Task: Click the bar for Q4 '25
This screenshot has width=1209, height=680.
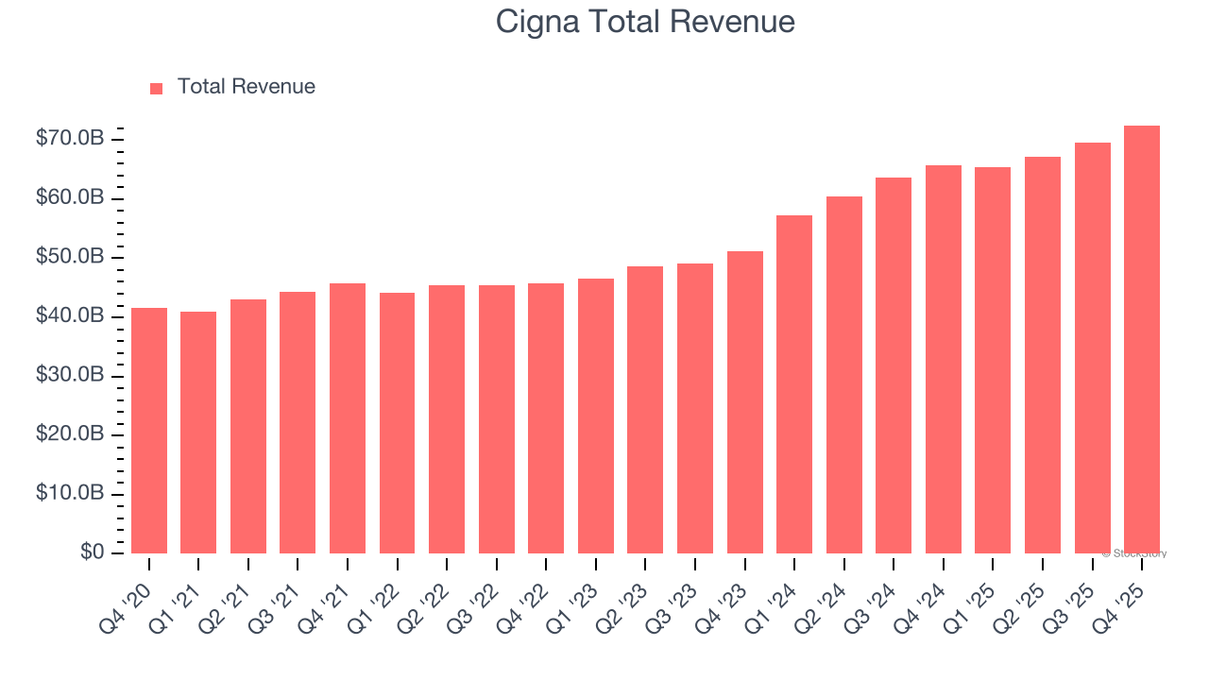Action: click(1142, 340)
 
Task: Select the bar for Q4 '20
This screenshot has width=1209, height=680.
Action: click(149, 431)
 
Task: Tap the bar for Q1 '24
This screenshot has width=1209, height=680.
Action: click(794, 384)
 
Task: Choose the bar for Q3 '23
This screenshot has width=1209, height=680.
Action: click(695, 408)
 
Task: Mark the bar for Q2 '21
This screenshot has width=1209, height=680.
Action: click(248, 427)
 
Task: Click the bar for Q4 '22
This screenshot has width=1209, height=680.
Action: click(546, 418)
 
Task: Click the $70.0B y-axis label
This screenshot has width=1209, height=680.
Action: click(70, 139)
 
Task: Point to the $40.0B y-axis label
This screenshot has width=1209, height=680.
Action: click(70, 316)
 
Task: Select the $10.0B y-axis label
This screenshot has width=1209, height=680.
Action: click(70, 494)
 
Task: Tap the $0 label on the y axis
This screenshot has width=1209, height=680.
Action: click(92, 552)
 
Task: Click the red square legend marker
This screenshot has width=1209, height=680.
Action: click(157, 88)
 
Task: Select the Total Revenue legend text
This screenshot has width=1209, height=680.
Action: click(246, 87)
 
